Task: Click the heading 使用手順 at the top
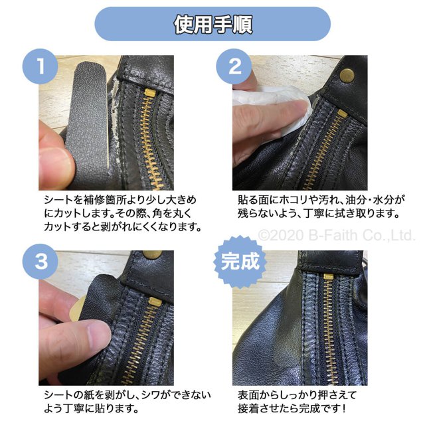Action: coord(212,25)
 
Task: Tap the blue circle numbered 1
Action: coord(40,66)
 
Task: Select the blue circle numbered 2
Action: coord(234,66)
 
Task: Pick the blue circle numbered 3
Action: coord(40,261)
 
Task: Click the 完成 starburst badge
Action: coord(240,262)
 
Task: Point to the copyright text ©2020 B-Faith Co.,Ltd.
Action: coord(337,235)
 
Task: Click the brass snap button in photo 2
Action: coord(347,75)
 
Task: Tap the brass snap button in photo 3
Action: coord(152,254)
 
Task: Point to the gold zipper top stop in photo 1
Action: coord(149,93)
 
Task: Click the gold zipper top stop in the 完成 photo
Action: coord(329,277)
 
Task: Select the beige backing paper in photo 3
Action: coord(76,308)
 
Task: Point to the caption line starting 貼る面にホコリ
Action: coord(321,200)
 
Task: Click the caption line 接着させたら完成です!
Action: coord(292,408)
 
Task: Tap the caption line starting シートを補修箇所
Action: coord(120,200)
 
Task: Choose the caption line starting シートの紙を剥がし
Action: coord(127,394)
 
